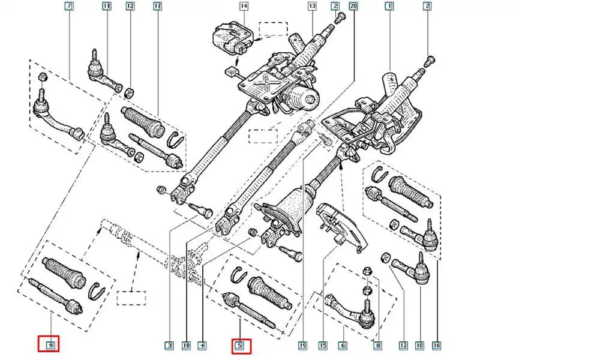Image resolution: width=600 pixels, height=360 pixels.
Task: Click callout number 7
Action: [68, 7]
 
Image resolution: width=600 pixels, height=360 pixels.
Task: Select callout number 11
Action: [107, 7]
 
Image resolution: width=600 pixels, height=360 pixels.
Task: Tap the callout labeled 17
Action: [158, 7]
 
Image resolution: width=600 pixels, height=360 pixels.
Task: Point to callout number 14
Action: [244, 7]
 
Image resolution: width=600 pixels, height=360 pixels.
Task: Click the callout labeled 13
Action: [312, 7]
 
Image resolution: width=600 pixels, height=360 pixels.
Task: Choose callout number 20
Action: [353, 7]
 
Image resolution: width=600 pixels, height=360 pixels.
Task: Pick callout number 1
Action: [389, 7]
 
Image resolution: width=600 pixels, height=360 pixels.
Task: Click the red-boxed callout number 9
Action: [50, 345]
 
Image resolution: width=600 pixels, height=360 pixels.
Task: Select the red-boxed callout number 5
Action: [239, 345]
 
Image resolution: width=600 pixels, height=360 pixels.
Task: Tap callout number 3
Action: [170, 346]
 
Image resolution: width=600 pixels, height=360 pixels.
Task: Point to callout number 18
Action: [186, 346]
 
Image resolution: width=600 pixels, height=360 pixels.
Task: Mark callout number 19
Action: [303, 346]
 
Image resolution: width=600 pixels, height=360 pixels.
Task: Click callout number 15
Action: [323, 346]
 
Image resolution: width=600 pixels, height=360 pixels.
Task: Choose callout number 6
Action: [343, 346]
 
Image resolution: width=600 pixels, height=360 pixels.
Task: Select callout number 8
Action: [378, 346]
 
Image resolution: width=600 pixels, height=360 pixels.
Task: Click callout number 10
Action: [419, 346]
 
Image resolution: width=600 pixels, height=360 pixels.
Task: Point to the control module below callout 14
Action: [230, 40]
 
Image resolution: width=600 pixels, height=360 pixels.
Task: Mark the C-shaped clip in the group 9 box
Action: [96, 290]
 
